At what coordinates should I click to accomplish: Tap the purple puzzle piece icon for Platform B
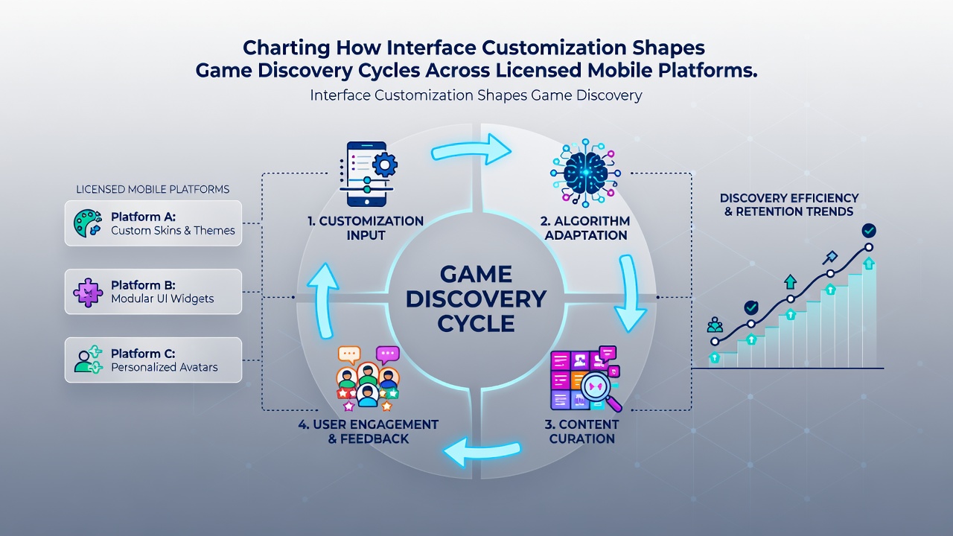point(88,293)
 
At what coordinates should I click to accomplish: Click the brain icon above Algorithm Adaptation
point(585,173)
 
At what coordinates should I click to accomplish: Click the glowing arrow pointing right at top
point(471,150)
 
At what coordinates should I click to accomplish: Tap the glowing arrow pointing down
point(629,293)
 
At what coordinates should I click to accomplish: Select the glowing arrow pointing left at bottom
point(481,450)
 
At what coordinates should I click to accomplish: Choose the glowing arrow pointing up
point(323,300)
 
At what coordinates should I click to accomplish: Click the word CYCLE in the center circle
point(476,324)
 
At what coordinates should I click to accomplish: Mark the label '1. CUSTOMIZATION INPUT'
point(366,228)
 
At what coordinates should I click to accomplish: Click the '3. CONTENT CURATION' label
point(581,431)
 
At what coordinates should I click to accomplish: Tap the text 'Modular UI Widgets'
point(162,299)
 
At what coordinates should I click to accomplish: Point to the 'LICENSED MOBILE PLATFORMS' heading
point(153,189)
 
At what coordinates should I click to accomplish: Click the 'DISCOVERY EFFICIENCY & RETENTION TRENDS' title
point(789,205)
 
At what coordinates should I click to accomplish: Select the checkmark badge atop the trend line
point(869,231)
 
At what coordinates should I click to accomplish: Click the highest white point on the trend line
point(869,247)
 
